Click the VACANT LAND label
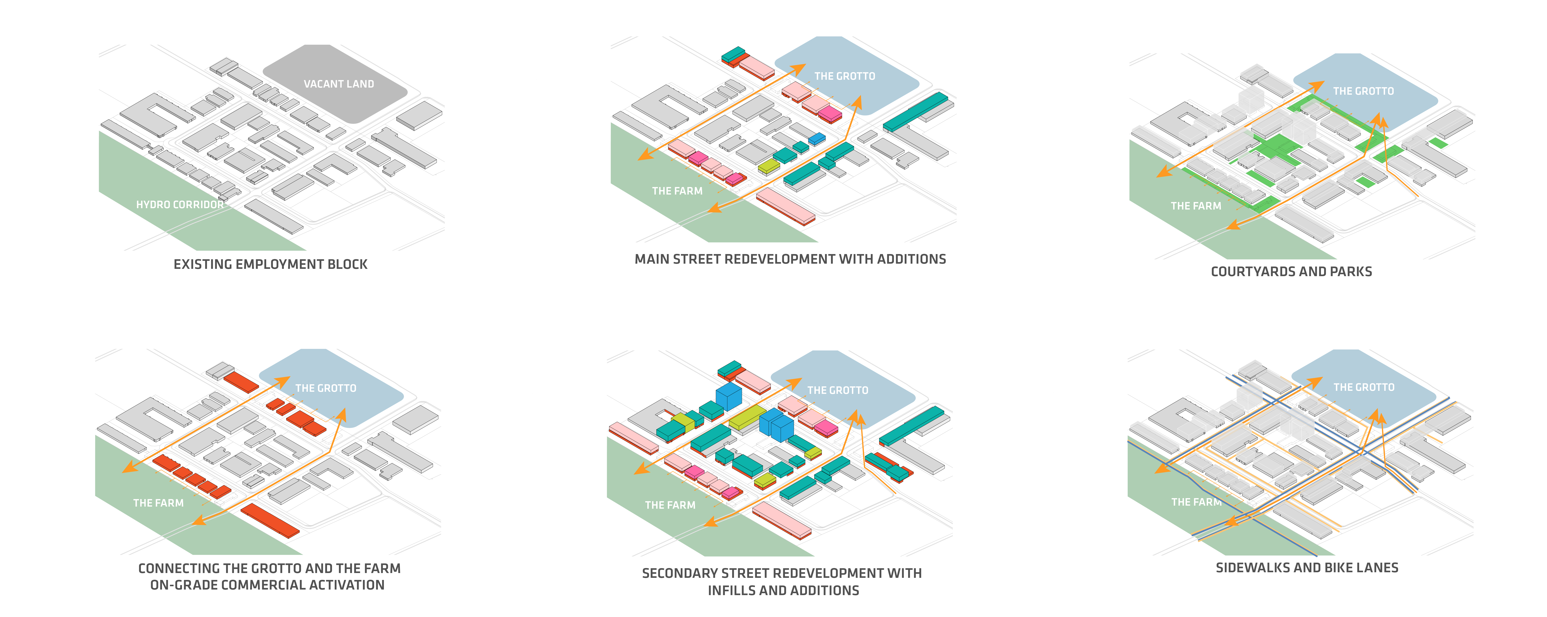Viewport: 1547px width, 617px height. [x=339, y=84]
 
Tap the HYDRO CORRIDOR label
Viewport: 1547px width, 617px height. [x=180, y=205]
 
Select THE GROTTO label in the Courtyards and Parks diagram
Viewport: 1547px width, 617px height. [x=1363, y=91]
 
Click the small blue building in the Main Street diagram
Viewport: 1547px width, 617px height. [x=817, y=139]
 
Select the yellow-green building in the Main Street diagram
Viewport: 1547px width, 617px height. [x=769, y=166]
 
